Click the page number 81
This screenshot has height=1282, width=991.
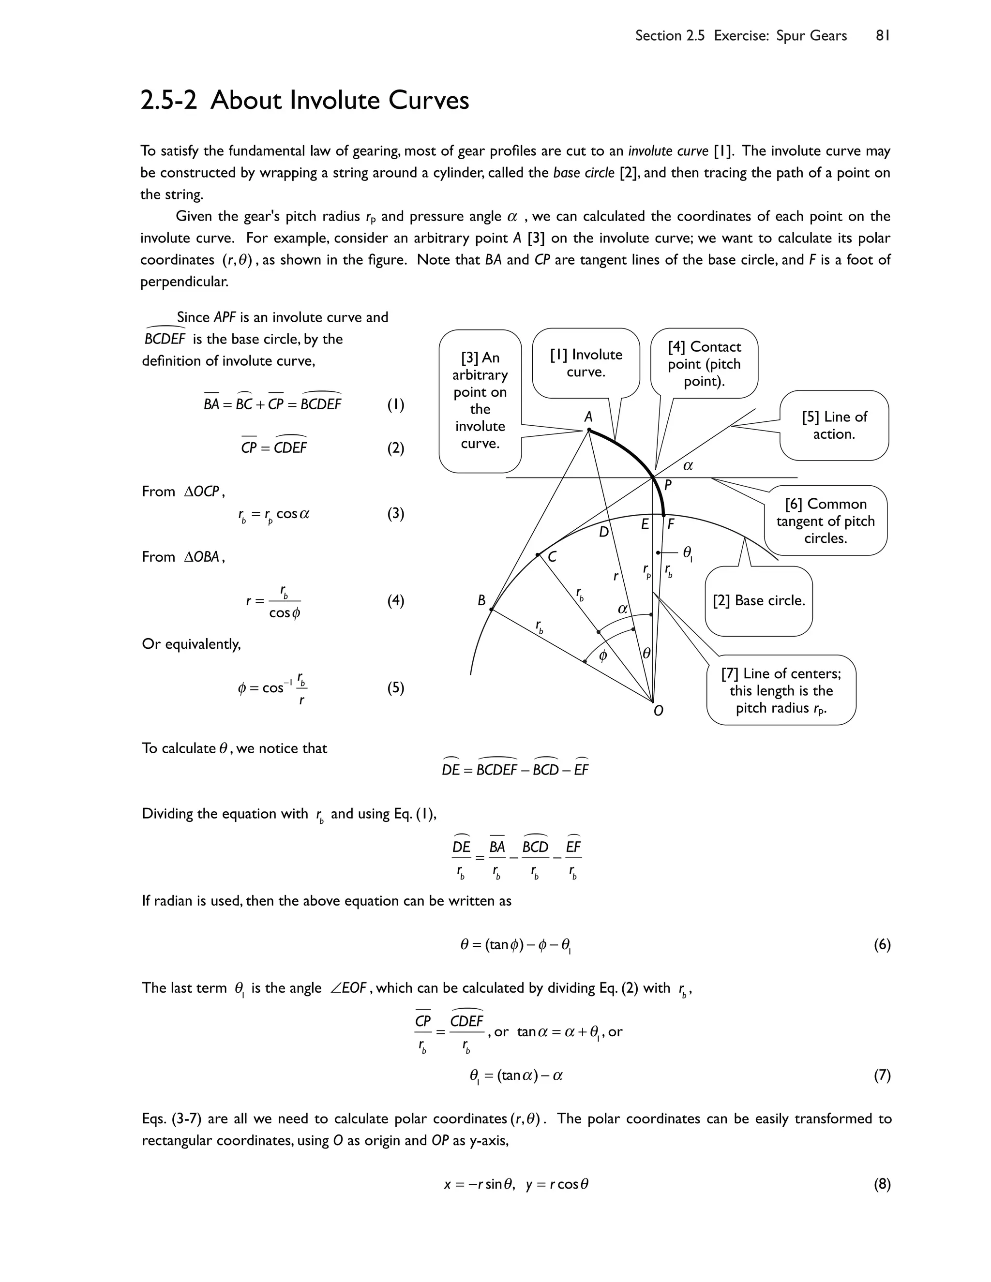[883, 36]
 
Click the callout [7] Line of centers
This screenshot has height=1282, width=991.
[781, 690]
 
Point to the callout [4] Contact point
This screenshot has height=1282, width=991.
[704, 363]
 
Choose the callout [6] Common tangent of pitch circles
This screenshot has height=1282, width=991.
[825, 521]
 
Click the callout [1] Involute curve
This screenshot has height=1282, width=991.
[586, 363]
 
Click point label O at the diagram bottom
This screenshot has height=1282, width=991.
[658, 711]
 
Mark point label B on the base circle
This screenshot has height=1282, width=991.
[481, 600]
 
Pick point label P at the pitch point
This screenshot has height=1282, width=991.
[667, 485]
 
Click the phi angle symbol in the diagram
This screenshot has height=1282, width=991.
[603, 656]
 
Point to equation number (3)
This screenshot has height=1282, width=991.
[396, 514]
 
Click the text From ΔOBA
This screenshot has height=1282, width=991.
[183, 557]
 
